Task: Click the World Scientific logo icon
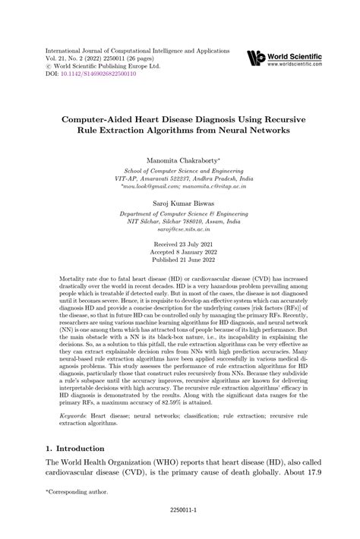tap(255, 59)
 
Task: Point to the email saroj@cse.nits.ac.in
tap(180, 228)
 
